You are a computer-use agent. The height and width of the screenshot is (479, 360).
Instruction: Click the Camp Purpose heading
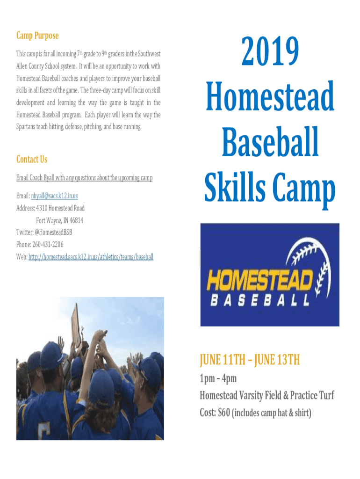pos(37,36)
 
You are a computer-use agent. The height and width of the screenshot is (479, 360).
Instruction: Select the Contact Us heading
pos(32,159)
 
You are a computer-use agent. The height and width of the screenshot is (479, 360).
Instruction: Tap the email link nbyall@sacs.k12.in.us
pos(54,196)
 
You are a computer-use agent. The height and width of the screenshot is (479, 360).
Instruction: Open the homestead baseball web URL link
pos(91,257)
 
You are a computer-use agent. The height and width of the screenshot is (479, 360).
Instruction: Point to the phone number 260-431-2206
pos(48,244)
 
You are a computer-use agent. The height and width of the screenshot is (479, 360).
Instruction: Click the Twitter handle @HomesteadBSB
pos(53,232)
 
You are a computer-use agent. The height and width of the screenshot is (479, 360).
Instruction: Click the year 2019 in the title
pos(270,51)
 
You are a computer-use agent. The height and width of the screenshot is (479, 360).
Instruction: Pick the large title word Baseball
pos(270,142)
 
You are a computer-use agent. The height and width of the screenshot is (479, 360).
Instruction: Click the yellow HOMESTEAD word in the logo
pos(260,280)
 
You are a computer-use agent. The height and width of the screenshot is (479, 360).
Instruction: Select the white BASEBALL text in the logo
pos(260,300)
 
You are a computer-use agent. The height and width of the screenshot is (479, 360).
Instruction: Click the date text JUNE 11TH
pos(223,360)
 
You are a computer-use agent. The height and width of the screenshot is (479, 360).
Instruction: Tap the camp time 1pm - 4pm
pos(218,378)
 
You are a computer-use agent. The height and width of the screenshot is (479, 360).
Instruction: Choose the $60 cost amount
pos(224,413)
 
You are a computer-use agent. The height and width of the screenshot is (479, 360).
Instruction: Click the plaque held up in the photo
pos(76,324)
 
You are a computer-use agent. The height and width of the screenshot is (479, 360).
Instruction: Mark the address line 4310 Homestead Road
pos(60,208)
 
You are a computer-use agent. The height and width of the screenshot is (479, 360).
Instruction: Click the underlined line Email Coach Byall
pos(84,178)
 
